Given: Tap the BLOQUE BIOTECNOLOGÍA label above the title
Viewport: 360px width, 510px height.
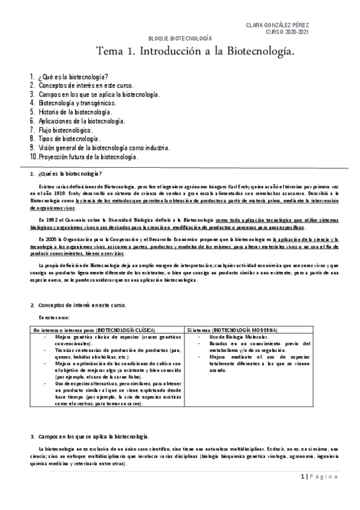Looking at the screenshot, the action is click(x=180, y=37).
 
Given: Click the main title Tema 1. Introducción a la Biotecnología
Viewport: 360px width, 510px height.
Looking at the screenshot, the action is click(x=197, y=52).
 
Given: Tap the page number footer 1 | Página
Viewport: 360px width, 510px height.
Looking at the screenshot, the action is click(x=325, y=477).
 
